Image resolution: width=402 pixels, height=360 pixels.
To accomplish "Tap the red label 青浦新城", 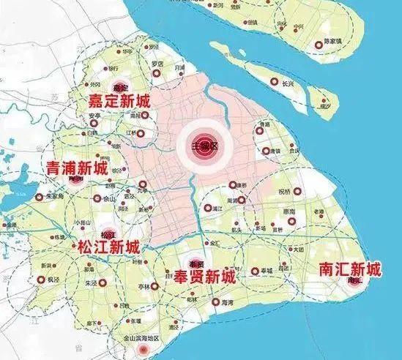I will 76,168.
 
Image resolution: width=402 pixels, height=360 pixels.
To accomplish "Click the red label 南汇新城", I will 350,269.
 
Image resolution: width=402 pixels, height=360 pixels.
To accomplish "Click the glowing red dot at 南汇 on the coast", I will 357,281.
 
